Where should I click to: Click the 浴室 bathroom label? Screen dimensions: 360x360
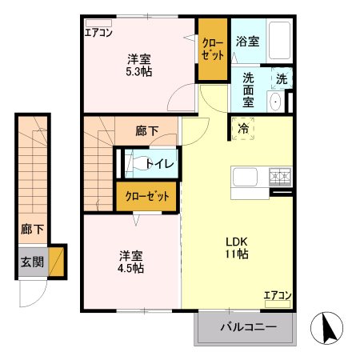pos(246,42)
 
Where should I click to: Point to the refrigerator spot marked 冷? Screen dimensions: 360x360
pos(242,126)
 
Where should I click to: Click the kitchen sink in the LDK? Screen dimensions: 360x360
pos(243,176)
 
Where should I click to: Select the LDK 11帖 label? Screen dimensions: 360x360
pos(235,247)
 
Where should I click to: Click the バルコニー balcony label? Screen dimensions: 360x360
pos(246,327)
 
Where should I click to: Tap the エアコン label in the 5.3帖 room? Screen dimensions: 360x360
pos(99,33)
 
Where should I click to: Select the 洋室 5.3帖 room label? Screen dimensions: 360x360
pos(139,65)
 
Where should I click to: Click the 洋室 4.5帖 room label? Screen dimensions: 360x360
pos(130,262)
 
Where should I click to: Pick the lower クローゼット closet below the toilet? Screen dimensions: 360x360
pos(146,197)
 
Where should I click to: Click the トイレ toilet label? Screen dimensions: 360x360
pos(160,163)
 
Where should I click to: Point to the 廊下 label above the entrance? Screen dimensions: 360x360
pos(32,230)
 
